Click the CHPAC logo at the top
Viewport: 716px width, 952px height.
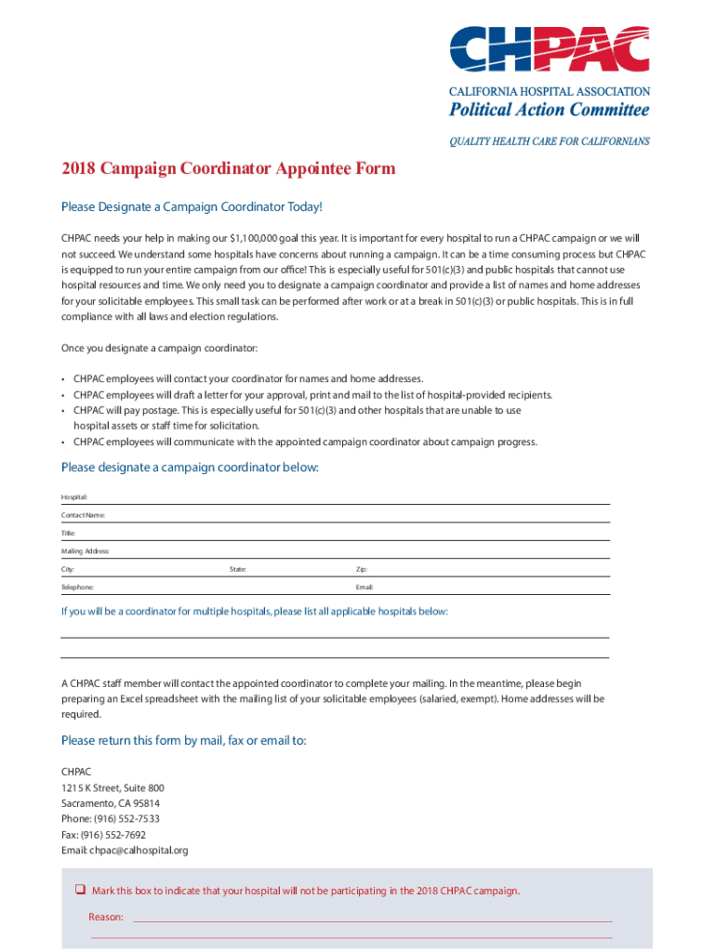pos(550,48)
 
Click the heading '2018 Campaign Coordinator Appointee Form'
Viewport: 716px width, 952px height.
pos(228,168)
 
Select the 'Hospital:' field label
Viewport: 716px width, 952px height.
pos(74,497)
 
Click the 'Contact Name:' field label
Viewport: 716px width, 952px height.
pos(83,515)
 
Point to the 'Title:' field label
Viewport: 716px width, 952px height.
pos(68,533)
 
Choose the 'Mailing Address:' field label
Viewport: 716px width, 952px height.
pos(86,551)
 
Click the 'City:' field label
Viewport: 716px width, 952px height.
pos(68,569)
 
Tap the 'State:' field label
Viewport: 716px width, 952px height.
pos(238,569)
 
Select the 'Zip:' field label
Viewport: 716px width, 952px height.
pos(362,569)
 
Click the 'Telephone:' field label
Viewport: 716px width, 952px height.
pos(77,588)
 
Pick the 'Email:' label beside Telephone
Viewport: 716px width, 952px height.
pos(365,588)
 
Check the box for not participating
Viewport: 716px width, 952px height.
pos(80,891)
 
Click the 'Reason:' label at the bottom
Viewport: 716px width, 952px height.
pos(106,917)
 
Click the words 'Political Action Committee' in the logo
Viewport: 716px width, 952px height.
pos(550,111)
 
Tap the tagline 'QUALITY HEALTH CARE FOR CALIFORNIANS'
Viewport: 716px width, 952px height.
pos(550,141)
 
